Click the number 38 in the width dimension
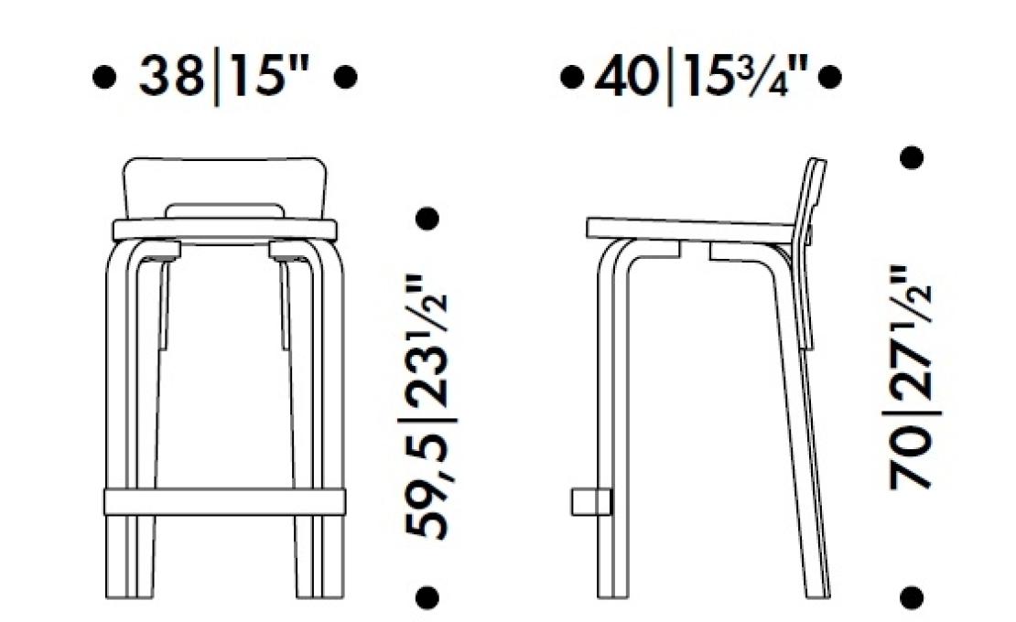point(171,76)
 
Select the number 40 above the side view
point(626,76)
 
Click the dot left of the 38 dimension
point(104,77)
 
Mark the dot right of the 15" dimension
point(345,77)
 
